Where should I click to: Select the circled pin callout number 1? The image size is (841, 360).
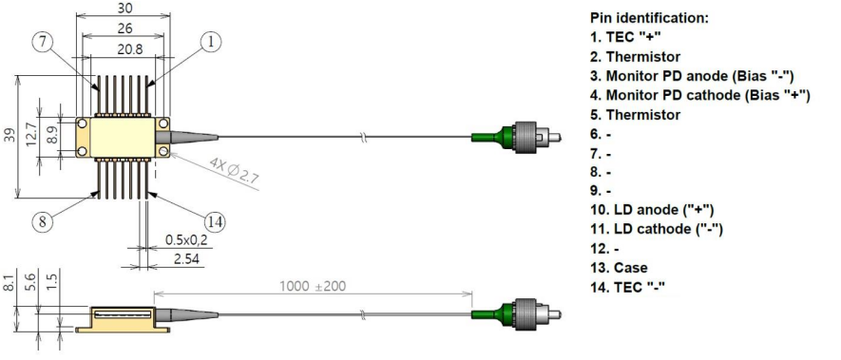click(x=210, y=41)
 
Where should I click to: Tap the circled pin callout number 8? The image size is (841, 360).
click(x=42, y=221)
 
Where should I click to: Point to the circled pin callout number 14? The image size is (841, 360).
click(x=215, y=221)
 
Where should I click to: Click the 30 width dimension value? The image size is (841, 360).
click(x=124, y=8)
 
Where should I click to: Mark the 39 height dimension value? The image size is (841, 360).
click(x=10, y=137)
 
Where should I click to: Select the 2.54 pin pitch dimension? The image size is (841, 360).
click(x=186, y=259)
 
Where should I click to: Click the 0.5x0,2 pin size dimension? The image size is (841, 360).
click(x=185, y=239)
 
